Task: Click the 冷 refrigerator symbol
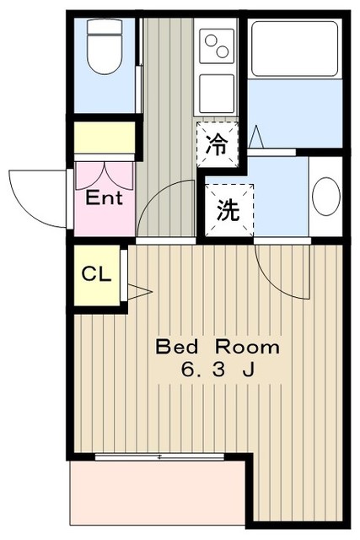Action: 217,143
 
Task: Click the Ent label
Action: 105,199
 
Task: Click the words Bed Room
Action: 218,347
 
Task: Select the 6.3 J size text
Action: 218,370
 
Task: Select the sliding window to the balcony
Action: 159,456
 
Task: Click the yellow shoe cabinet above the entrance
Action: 105,137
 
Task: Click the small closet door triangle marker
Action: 138,291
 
